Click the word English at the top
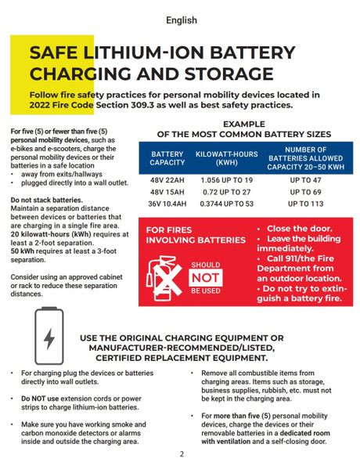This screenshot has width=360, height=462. click(x=181, y=20)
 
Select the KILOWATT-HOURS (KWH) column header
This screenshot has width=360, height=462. click(x=227, y=157)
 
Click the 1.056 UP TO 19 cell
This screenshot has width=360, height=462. click(x=227, y=180)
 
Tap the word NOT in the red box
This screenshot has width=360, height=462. click(x=206, y=276)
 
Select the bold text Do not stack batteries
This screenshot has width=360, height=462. click(x=46, y=200)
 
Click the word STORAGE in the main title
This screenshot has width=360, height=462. click(x=226, y=74)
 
